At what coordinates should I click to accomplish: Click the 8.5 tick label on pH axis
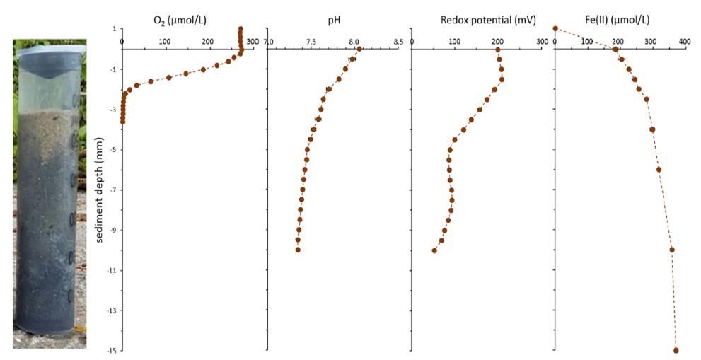click(398, 42)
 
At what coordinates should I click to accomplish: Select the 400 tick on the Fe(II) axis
click(684, 42)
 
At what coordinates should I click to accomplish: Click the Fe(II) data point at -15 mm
click(676, 350)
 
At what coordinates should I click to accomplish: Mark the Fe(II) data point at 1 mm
click(555, 29)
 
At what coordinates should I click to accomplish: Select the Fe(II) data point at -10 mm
click(672, 250)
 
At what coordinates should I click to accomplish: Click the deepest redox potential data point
click(434, 250)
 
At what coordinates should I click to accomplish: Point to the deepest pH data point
click(298, 250)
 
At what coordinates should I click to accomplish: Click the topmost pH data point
click(359, 49)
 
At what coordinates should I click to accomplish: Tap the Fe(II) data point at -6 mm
click(659, 170)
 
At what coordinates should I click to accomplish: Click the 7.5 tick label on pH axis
click(311, 42)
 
